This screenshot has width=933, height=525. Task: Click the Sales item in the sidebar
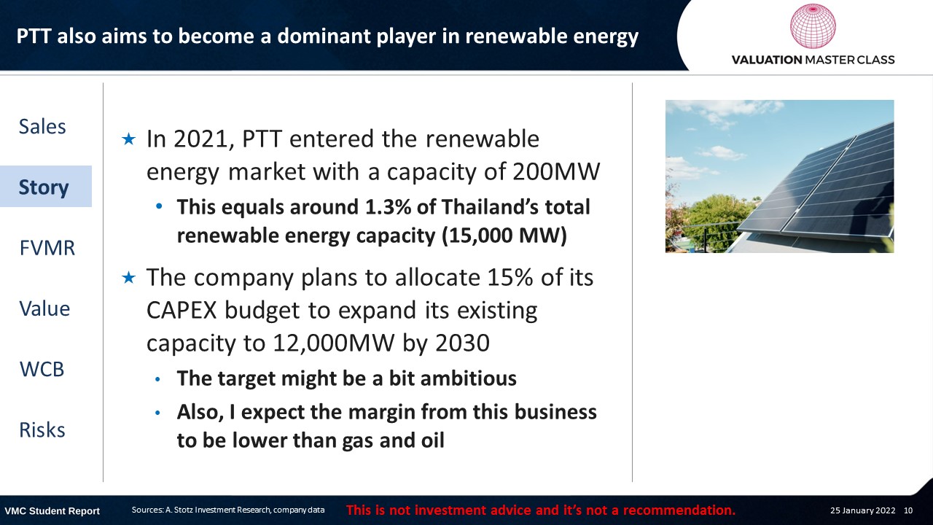click(x=42, y=127)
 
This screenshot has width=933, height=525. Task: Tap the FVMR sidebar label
click(x=47, y=248)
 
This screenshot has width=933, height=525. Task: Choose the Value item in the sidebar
click(x=44, y=308)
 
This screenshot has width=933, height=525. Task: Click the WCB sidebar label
click(x=42, y=369)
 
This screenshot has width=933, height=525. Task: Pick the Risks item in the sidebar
click(x=42, y=430)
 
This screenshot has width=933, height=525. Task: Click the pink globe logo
click(x=813, y=26)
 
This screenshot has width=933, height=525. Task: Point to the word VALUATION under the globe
click(x=767, y=60)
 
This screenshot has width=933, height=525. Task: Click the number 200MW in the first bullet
click(x=556, y=171)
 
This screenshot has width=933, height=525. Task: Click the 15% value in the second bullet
click(x=510, y=277)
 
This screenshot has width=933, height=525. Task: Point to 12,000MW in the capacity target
click(x=334, y=343)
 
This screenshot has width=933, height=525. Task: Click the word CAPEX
click(x=181, y=311)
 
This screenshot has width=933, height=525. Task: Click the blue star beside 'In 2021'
click(x=129, y=139)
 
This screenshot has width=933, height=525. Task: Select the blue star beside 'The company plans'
click(x=129, y=277)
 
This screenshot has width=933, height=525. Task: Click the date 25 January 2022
click(x=862, y=510)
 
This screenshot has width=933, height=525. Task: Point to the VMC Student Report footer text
click(x=52, y=511)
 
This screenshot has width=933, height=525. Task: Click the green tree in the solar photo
click(x=719, y=221)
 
